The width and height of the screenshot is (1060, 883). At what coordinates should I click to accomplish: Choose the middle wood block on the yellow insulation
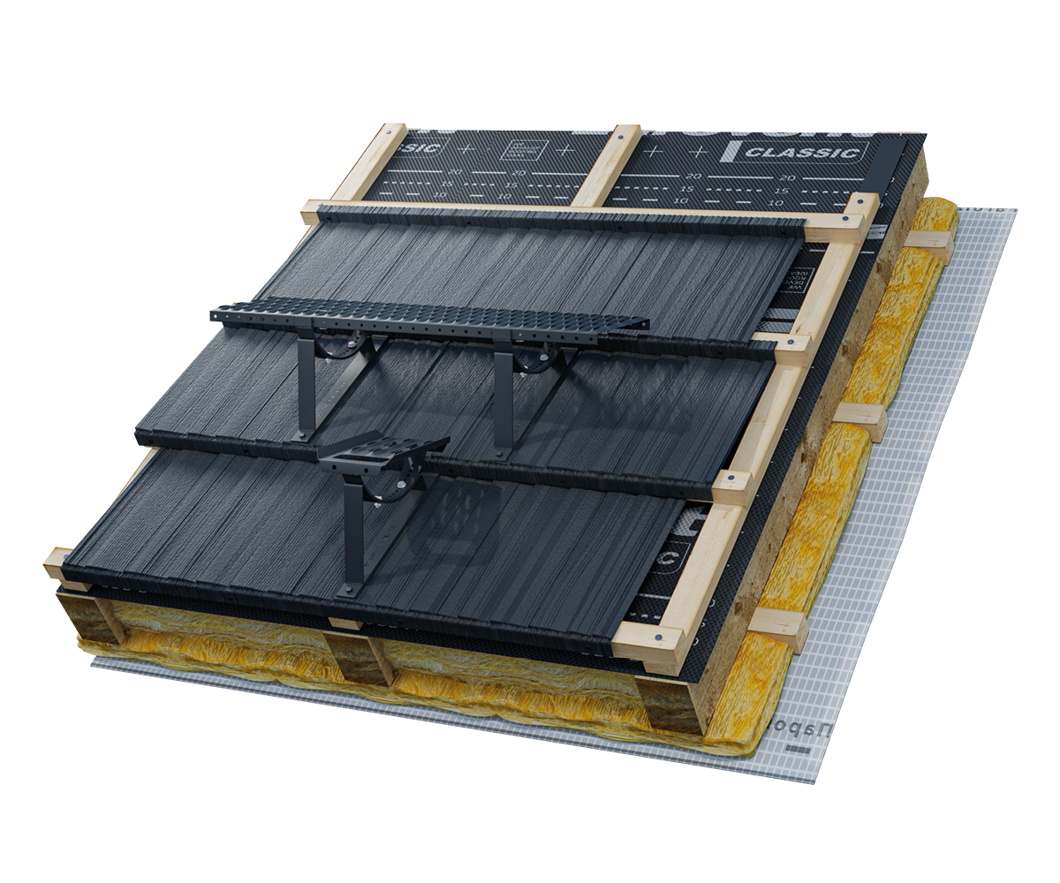(x=861, y=419)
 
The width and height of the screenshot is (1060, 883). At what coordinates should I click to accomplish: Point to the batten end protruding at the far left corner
(x=57, y=562)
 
